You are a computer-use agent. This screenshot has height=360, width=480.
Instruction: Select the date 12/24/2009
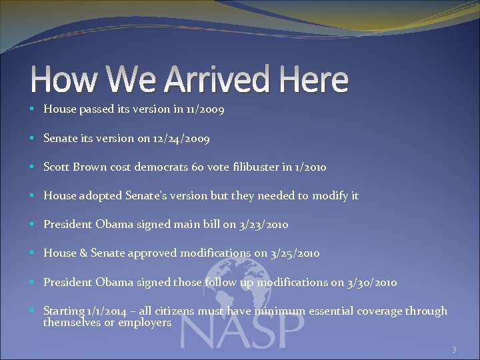182,139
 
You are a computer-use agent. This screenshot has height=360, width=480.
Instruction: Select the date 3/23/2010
264,225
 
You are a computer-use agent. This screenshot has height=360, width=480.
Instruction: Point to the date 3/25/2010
295,253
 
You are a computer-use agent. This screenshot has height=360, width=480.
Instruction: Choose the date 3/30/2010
373,282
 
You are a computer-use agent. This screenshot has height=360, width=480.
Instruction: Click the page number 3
454,349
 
